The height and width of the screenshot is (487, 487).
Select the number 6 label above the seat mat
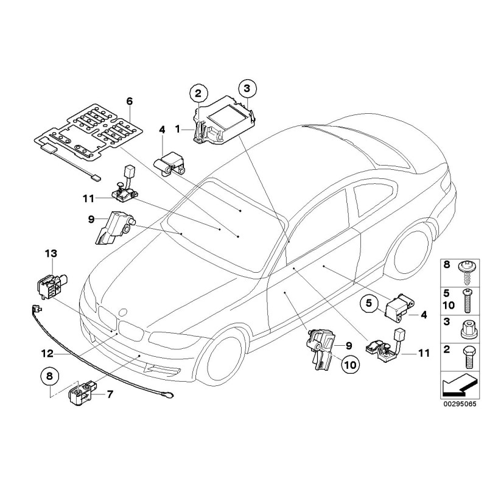129,100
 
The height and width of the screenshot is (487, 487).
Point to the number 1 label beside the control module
177,129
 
